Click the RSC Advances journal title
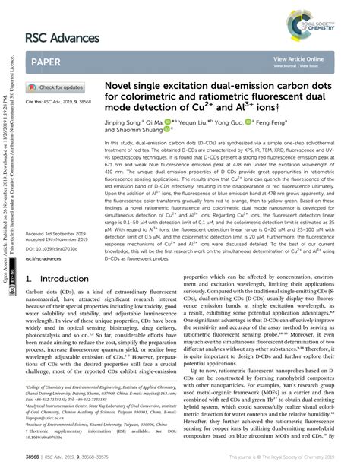point(65,37)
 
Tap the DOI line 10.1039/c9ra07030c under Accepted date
point(49,248)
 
